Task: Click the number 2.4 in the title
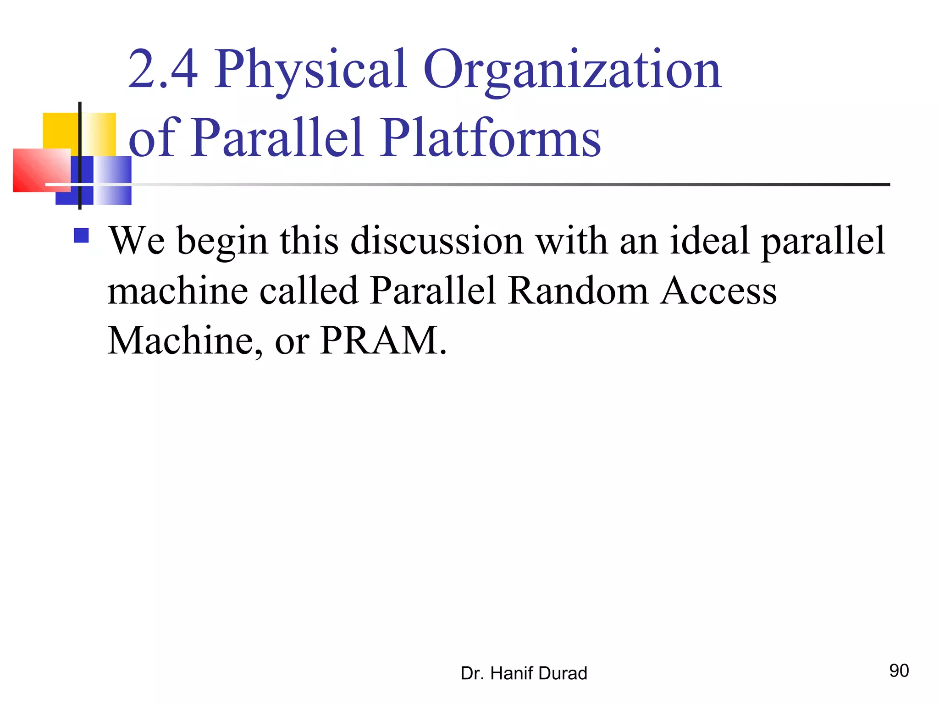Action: tap(163, 70)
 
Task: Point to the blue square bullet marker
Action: tap(81, 236)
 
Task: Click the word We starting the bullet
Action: tap(136, 241)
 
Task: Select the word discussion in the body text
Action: tap(436, 241)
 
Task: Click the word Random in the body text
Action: tap(578, 291)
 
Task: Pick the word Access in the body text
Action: tap(718, 291)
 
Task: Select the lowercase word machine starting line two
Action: tap(178, 291)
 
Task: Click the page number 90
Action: tap(899, 671)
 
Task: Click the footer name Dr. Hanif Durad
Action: tap(524, 673)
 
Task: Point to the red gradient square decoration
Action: tap(39, 170)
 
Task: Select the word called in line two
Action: tap(309, 291)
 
